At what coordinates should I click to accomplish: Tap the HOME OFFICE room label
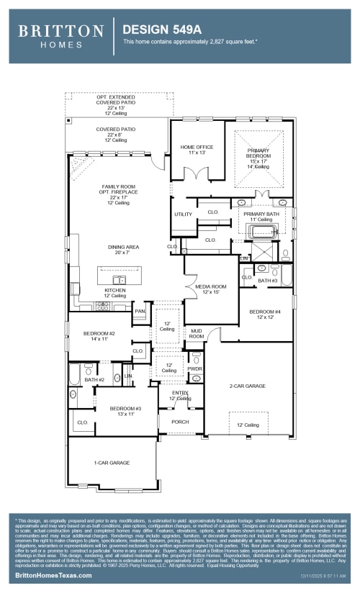197,150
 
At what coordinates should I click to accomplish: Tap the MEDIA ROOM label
210,289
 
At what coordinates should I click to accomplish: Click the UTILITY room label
183,214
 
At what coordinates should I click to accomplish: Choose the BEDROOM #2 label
99,335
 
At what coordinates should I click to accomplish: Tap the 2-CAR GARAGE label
247,386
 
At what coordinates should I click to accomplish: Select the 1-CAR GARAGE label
112,462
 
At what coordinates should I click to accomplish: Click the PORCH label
180,422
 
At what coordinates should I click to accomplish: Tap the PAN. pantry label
140,311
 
